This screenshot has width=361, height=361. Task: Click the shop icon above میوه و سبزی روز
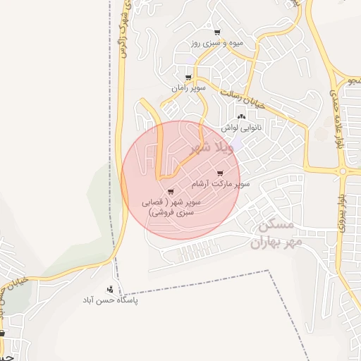tap(216, 32)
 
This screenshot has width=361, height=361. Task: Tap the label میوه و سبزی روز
tap(216, 43)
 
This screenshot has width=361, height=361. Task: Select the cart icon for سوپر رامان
tap(188, 78)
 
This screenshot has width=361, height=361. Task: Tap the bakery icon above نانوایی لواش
tap(242, 117)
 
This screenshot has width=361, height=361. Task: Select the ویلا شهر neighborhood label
tap(211, 148)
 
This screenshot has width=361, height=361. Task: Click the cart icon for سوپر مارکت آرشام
tap(221, 173)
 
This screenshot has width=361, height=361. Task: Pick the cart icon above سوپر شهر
tap(171, 192)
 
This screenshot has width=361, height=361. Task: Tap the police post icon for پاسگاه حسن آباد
tap(110, 289)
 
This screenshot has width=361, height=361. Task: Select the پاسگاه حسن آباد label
tap(110, 300)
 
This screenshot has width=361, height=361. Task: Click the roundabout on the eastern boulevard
tap(343, 171)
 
